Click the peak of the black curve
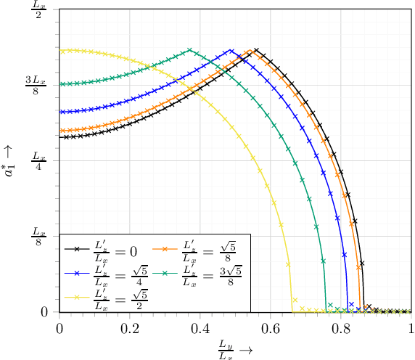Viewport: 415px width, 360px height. pyautogui.click(x=256, y=50)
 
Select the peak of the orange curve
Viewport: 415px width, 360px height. pyautogui.click(x=250, y=51)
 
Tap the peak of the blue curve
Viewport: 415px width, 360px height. pyautogui.click(x=231, y=51)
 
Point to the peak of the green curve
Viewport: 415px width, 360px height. pyautogui.click(x=190, y=50)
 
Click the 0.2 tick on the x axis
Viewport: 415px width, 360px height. pyautogui.click(x=130, y=327)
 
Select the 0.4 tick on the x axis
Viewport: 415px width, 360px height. pyautogui.click(x=200, y=327)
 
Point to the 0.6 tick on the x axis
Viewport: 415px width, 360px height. pyautogui.click(x=271, y=327)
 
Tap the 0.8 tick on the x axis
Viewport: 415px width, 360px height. pyautogui.click(x=341, y=327)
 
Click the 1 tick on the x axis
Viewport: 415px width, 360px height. pyautogui.click(x=411, y=327)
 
